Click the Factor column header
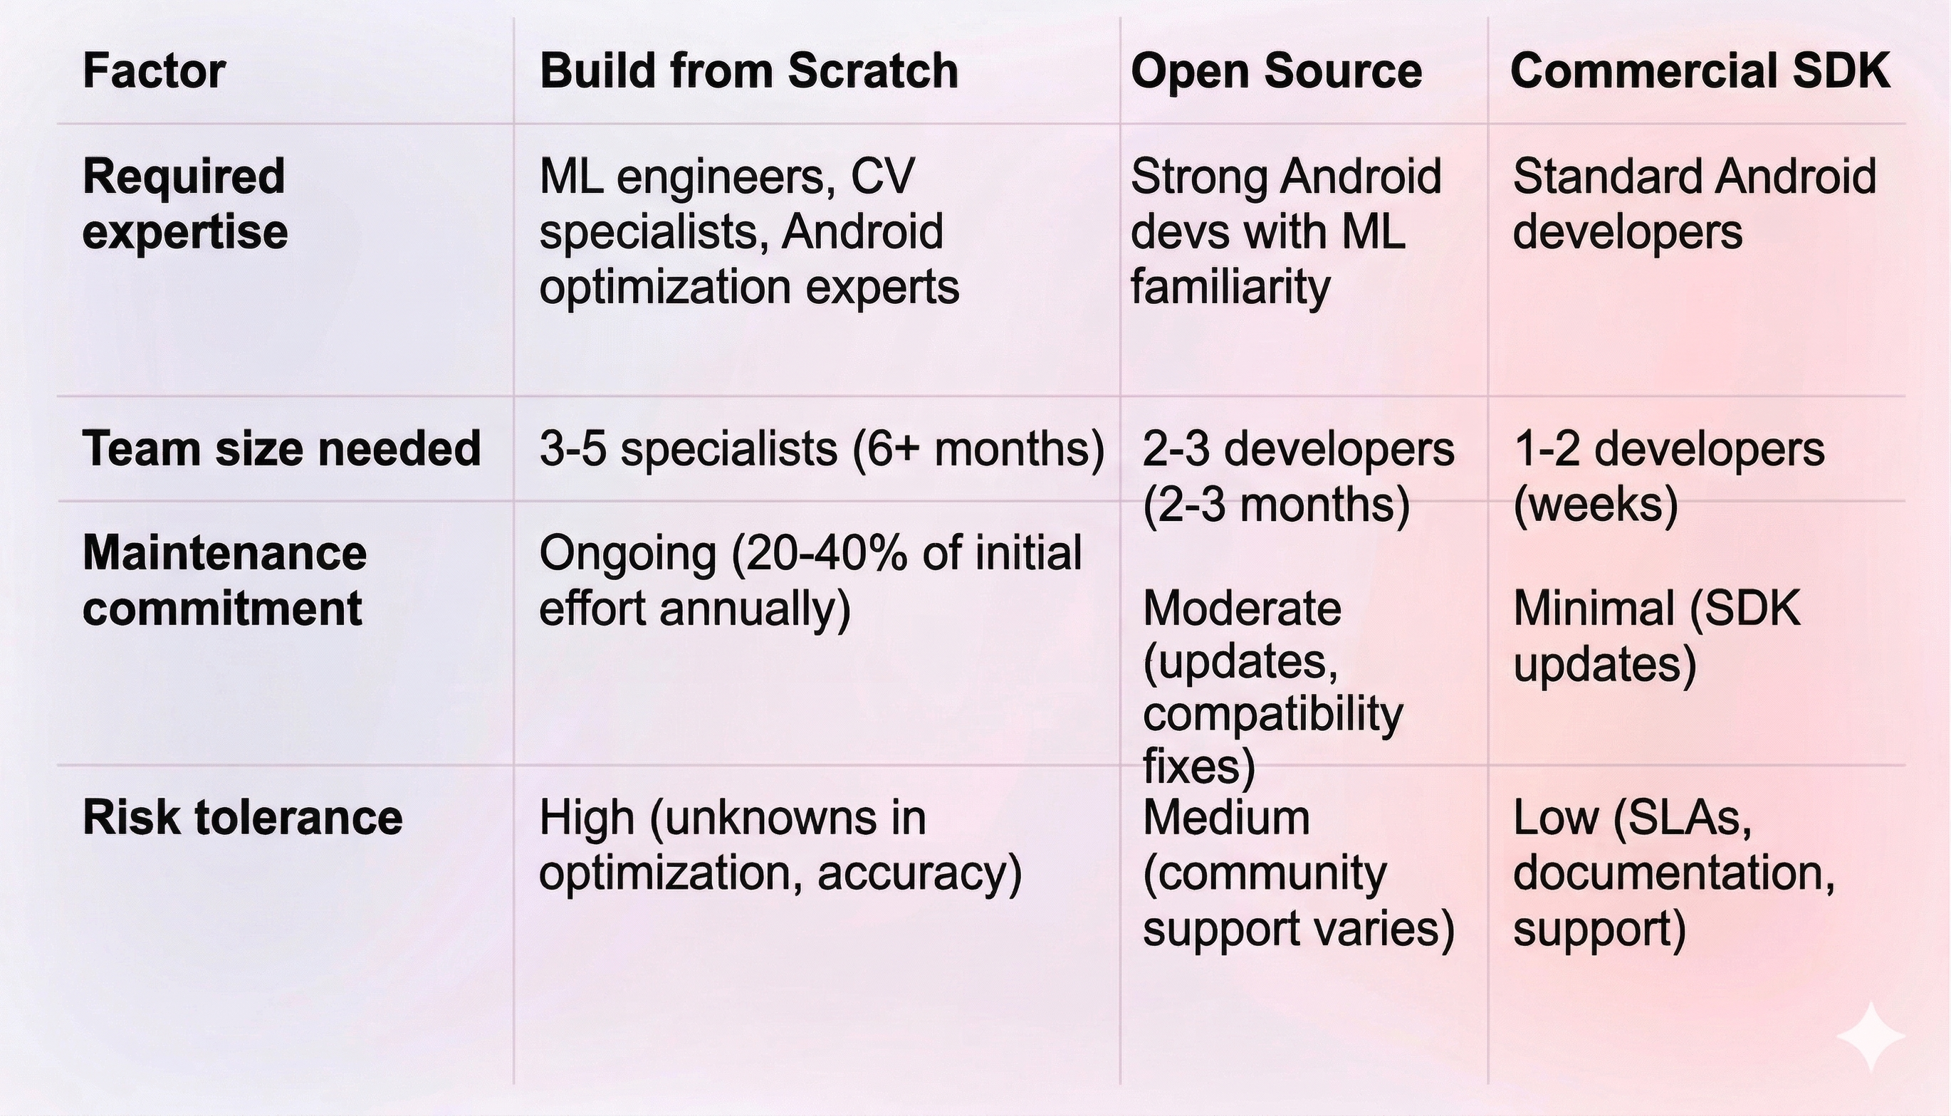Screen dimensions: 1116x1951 pos(153,71)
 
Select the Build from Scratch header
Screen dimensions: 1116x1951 pos(749,71)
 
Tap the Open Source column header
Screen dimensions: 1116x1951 pos(1277,71)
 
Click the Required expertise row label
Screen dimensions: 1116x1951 pos(184,204)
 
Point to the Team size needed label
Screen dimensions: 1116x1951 pos(281,448)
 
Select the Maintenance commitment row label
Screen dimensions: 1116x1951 pos(224,581)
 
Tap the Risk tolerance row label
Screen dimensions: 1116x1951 pos(242,817)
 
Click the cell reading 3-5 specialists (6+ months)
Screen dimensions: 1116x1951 pos(822,448)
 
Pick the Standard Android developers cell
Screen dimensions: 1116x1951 pos(1694,204)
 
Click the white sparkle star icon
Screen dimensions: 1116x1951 pos(1871,1036)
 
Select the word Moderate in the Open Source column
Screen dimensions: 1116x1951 pos(1242,609)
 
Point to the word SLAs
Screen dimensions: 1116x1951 pos(1683,818)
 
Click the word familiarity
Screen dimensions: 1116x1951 pos(1230,288)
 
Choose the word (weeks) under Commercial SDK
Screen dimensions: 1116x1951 pos(1596,505)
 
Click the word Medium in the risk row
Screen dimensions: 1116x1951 pos(1227,818)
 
